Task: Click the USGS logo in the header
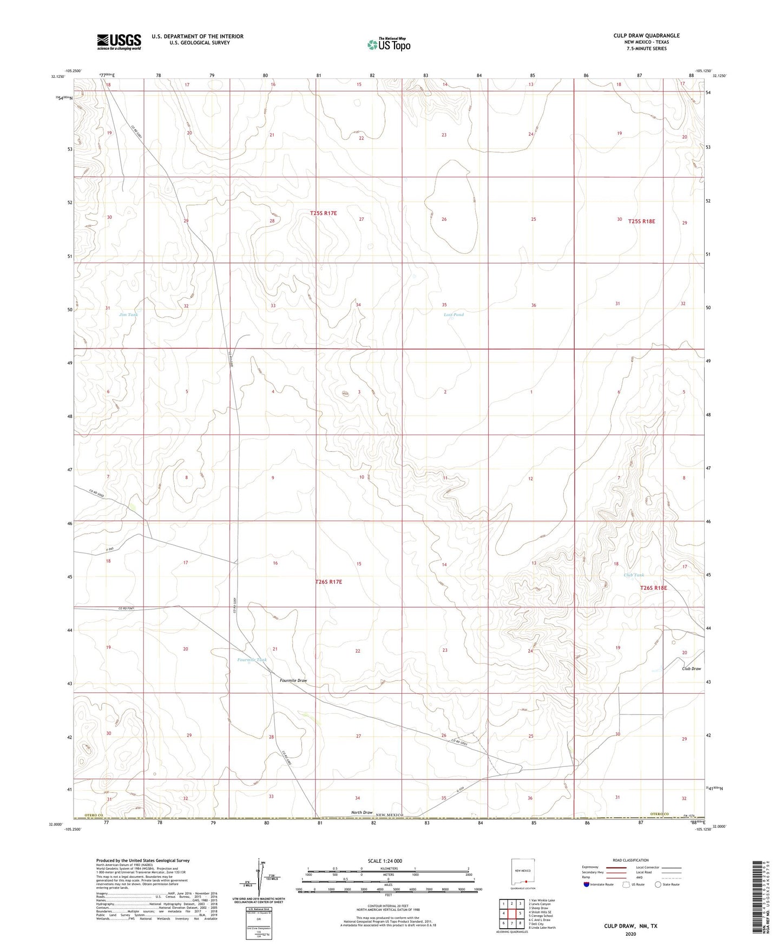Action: [119, 41]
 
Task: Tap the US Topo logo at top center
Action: [388, 44]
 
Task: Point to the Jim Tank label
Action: [129, 314]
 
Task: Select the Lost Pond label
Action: [454, 314]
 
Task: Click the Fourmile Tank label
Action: [252, 660]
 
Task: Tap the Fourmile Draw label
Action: [293, 680]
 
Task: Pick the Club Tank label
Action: [634, 575]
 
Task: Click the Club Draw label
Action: [691, 668]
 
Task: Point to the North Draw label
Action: [362, 812]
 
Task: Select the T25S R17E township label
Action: [324, 213]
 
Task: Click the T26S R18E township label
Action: [653, 588]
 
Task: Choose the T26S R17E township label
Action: [328, 582]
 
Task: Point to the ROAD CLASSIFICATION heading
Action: [631, 860]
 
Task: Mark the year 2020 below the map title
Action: [630, 934]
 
